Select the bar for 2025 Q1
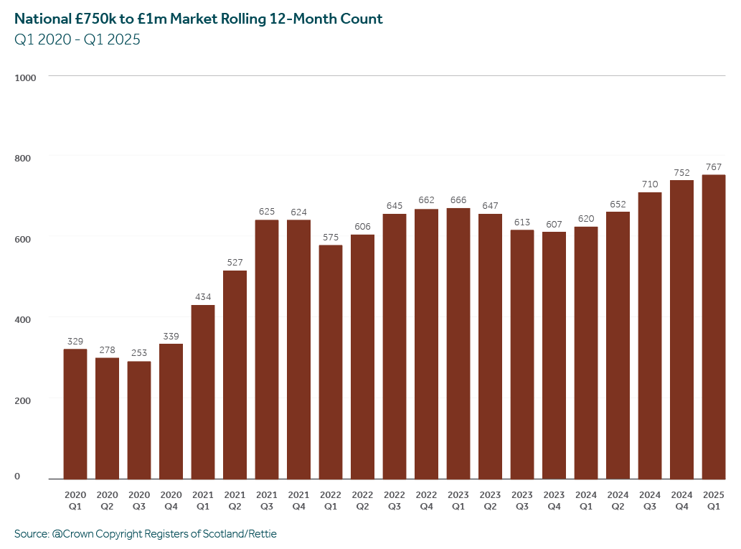point(713,327)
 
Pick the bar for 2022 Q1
point(331,362)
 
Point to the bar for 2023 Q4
point(554,355)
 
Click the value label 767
point(713,167)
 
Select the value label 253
point(139,353)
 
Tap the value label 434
point(203,297)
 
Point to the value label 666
point(458,200)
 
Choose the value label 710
point(650,184)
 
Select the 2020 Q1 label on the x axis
point(75,500)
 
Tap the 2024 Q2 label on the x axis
point(618,500)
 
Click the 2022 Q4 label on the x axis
point(426,500)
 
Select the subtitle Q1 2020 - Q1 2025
point(77,40)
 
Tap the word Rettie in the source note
point(260,534)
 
